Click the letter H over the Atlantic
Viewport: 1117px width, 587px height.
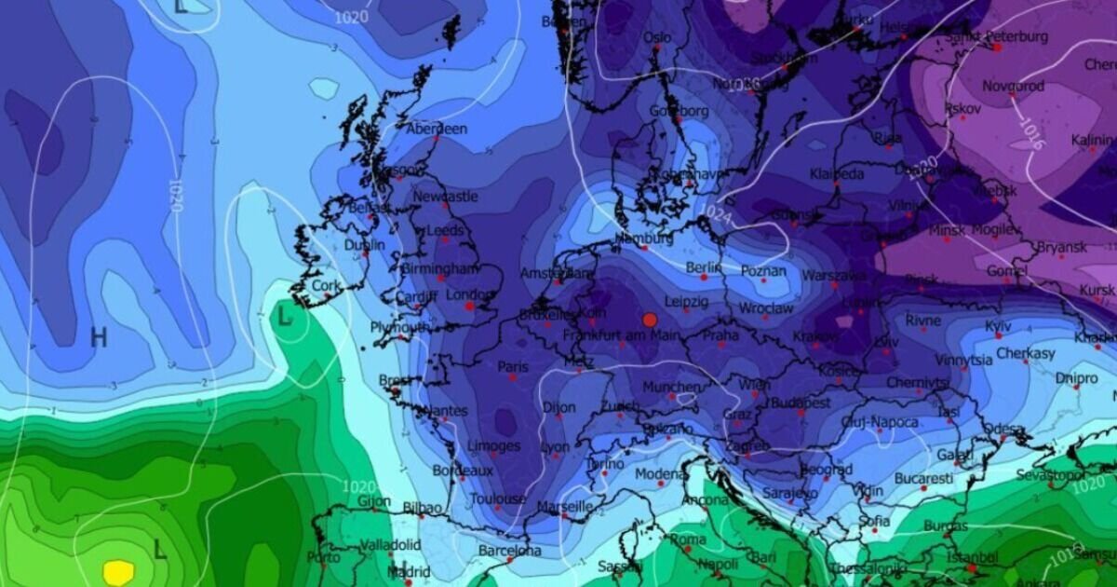pyautogui.click(x=99, y=337)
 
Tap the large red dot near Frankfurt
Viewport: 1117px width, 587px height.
pyautogui.click(x=650, y=320)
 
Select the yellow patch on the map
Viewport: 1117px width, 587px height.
pyautogui.click(x=118, y=571)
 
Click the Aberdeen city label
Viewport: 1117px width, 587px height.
pyautogui.click(x=437, y=130)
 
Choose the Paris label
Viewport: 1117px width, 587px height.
pyautogui.click(x=512, y=367)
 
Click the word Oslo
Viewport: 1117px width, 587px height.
pyautogui.click(x=656, y=37)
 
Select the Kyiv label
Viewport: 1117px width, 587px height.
pyautogui.click(x=998, y=326)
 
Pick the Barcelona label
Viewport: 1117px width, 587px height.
pyautogui.click(x=510, y=551)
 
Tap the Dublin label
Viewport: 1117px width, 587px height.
pyautogui.click(x=364, y=245)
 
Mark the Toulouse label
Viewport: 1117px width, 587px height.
pyautogui.click(x=497, y=499)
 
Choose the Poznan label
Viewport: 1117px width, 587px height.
pyautogui.click(x=763, y=271)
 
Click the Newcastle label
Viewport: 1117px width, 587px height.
pyautogui.click(x=446, y=197)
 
